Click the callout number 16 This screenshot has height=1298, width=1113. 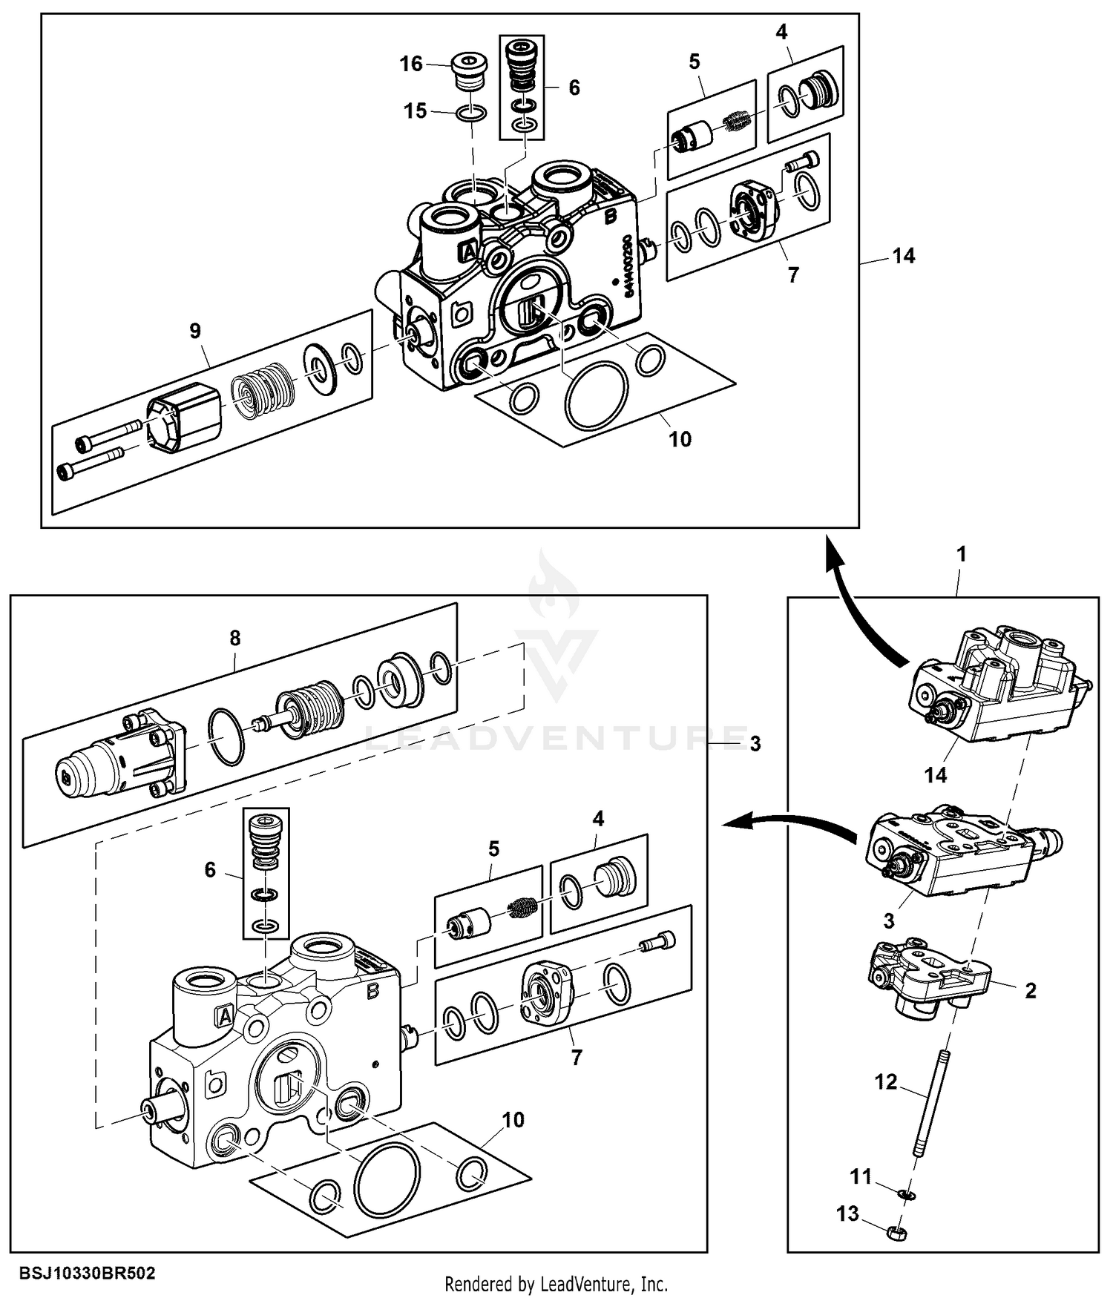tap(411, 64)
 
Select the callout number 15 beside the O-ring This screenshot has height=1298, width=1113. tap(415, 111)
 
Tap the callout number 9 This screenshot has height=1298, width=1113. tap(195, 331)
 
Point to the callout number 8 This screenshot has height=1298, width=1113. tap(235, 638)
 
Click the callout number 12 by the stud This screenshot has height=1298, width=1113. tap(886, 1082)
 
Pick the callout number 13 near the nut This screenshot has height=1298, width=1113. tap(847, 1213)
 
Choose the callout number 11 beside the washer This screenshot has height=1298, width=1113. tap(861, 1176)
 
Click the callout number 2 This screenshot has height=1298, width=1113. tap(1030, 990)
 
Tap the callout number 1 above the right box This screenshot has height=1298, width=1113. tap(962, 554)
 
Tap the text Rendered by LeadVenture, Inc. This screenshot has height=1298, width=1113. tap(556, 1284)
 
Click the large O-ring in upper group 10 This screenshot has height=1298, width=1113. tap(596, 395)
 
